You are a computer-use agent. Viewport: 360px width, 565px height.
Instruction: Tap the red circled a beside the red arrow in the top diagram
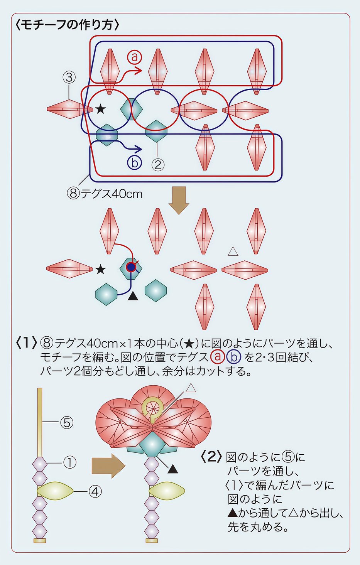(x=134, y=57)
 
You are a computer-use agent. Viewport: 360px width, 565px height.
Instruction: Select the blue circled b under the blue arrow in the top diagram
(x=134, y=162)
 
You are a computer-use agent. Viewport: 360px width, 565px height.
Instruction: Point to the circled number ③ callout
(x=69, y=78)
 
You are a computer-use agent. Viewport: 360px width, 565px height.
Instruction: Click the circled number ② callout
(x=157, y=165)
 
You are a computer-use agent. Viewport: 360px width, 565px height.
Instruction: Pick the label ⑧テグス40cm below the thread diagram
(x=105, y=193)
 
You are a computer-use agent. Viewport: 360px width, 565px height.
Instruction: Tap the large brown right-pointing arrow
(x=108, y=465)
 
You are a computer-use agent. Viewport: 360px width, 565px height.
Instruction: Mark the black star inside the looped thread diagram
(x=100, y=109)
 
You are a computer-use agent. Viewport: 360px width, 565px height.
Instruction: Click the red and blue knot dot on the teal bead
(x=132, y=267)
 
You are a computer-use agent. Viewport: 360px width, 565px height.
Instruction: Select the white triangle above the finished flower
(x=191, y=388)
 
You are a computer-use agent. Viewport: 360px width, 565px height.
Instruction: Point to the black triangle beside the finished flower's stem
(x=172, y=469)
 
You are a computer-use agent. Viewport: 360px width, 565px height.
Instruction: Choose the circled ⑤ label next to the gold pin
(x=67, y=423)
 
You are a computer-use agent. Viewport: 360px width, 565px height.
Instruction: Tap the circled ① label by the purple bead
(x=69, y=462)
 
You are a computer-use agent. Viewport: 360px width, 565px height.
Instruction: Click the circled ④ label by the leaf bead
(x=95, y=491)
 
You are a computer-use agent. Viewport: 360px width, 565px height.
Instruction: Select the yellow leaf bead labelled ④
(x=55, y=491)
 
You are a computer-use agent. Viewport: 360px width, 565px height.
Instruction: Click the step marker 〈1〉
(x=26, y=342)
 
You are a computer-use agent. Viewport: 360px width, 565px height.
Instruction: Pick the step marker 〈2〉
(x=211, y=457)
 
